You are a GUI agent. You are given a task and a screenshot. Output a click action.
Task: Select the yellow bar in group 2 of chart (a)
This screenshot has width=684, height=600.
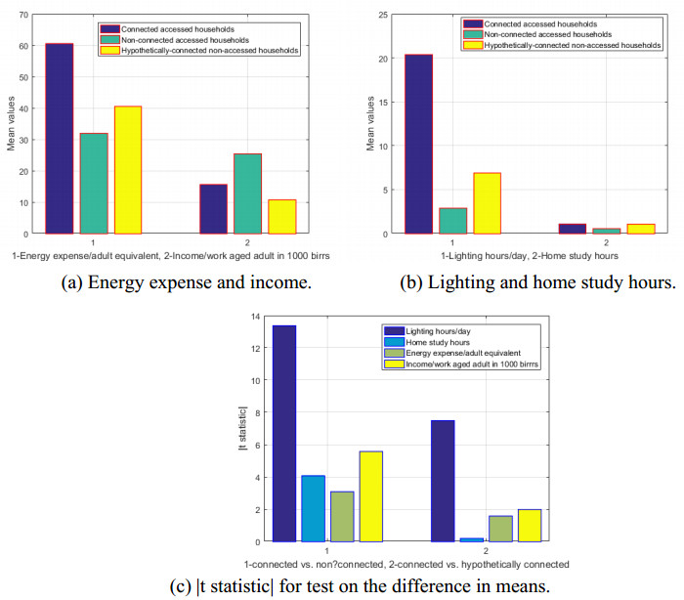[281, 217]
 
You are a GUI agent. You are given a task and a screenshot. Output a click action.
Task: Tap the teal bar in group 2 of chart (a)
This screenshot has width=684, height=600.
[247, 193]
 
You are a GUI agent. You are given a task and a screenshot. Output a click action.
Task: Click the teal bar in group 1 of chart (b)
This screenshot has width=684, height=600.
[453, 221]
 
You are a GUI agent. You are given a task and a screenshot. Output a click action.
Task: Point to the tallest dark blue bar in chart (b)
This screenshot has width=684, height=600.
[418, 144]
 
